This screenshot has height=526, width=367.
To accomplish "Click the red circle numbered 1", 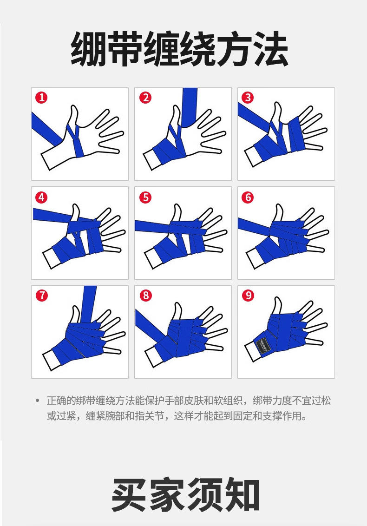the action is click(x=42, y=98).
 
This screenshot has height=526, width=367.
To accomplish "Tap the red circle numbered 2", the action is click(x=145, y=98).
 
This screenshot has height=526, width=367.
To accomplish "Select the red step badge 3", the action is click(x=248, y=98).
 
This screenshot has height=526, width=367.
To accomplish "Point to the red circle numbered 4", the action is click(x=42, y=197).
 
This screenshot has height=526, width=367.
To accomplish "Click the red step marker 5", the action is click(x=145, y=197).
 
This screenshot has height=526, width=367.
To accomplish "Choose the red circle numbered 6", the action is click(x=248, y=197).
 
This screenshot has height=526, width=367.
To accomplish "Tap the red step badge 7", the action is click(x=42, y=296).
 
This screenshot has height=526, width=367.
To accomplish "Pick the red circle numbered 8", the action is click(x=145, y=296).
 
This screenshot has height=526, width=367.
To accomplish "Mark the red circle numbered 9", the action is click(x=248, y=296).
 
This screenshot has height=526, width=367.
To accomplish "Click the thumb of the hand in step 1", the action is click(x=73, y=118).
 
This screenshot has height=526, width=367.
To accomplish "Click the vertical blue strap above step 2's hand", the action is click(x=189, y=107).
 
